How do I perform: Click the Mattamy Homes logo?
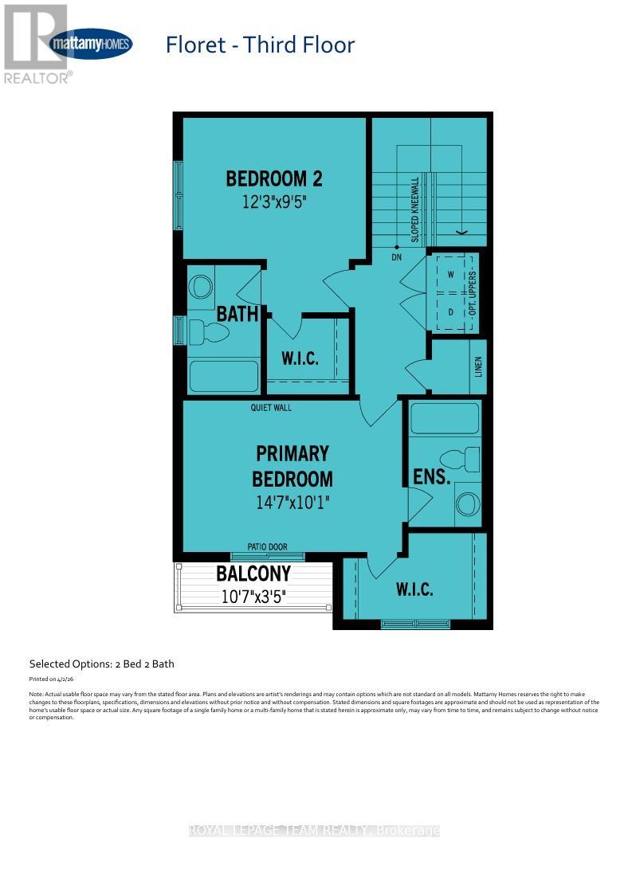(90, 44)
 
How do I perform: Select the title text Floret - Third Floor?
(260, 45)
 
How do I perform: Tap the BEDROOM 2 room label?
(274, 178)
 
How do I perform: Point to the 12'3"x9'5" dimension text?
(274, 202)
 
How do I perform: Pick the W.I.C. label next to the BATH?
(300, 358)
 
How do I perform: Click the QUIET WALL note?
(272, 408)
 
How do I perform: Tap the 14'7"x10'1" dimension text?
(292, 503)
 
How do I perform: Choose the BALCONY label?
(253, 574)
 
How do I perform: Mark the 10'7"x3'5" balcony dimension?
(253, 596)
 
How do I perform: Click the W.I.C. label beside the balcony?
(414, 589)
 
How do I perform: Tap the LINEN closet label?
(478, 367)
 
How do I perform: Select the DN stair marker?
(397, 257)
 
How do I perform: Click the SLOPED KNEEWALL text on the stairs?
(415, 209)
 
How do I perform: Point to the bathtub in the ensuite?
(444, 417)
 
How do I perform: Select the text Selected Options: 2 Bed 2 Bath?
(101, 664)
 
